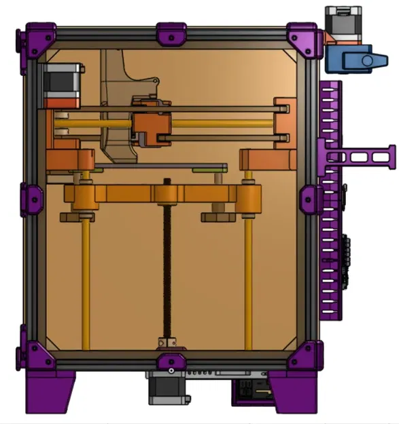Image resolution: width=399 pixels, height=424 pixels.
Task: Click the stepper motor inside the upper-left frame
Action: (x=63, y=84)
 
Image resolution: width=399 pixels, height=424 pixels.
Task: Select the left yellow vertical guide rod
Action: (x=86, y=285)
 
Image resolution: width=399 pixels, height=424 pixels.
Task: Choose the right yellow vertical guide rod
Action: (x=249, y=285)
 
